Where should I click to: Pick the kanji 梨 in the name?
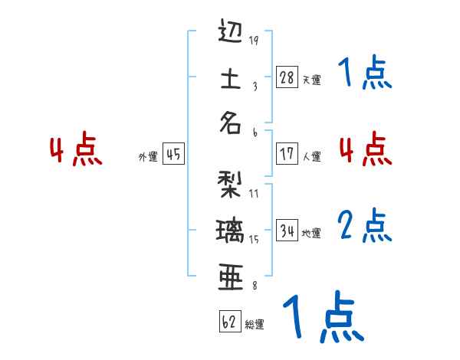(230, 184)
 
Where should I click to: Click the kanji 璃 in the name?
(230, 229)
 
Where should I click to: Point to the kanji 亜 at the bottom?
(230, 277)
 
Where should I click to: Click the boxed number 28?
(287, 77)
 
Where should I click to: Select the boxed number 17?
(287, 154)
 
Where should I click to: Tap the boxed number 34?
(287, 230)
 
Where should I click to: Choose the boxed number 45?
(173, 154)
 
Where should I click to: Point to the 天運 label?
(311, 80)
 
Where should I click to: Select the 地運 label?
(311, 233)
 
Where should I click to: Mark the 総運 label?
(255, 324)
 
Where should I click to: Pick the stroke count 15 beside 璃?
(254, 239)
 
